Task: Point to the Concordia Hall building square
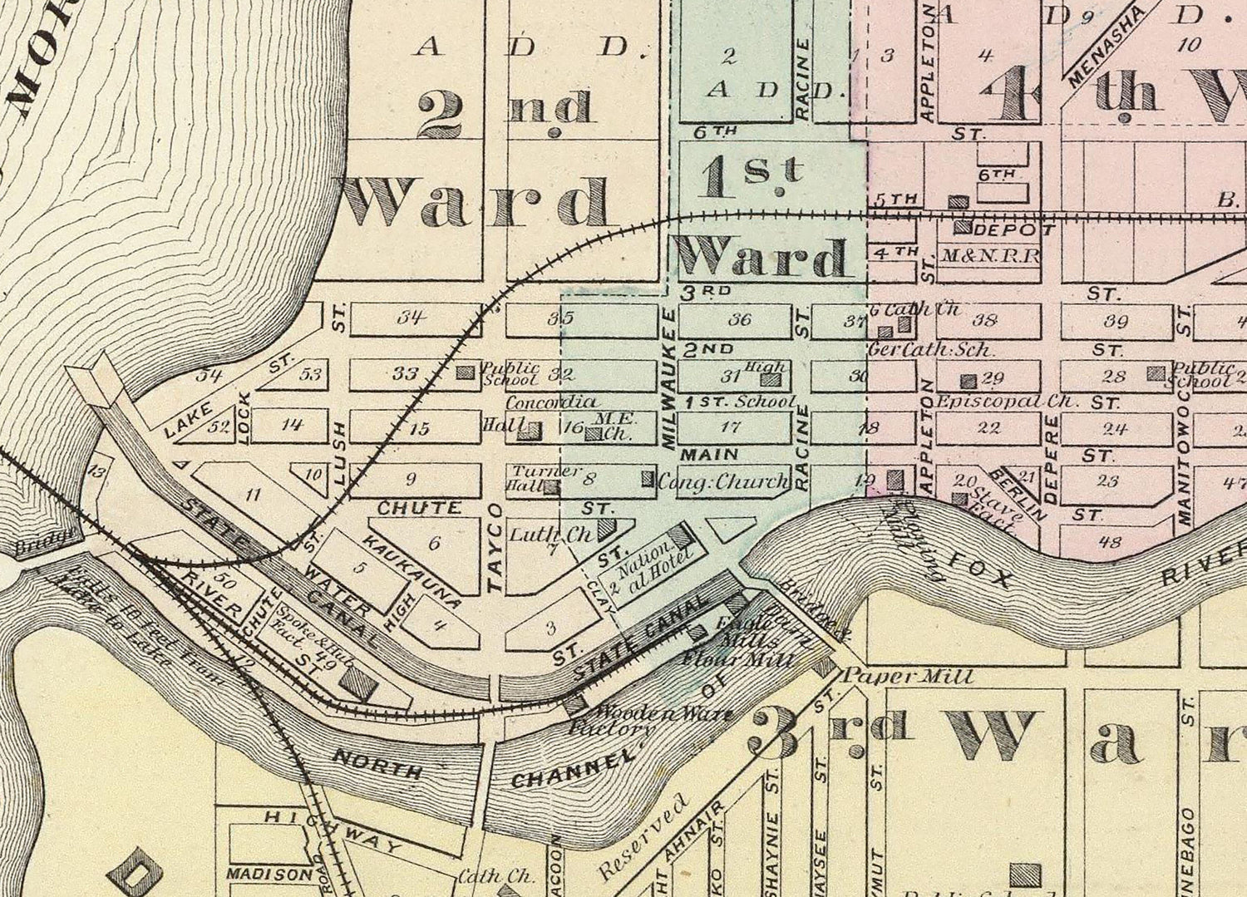coord(530,431)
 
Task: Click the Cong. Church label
coord(723,481)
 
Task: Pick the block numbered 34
coord(410,317)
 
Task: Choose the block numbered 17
coord(730,427)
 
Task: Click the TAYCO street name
coord(495,548)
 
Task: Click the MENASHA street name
coord(1102,46)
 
